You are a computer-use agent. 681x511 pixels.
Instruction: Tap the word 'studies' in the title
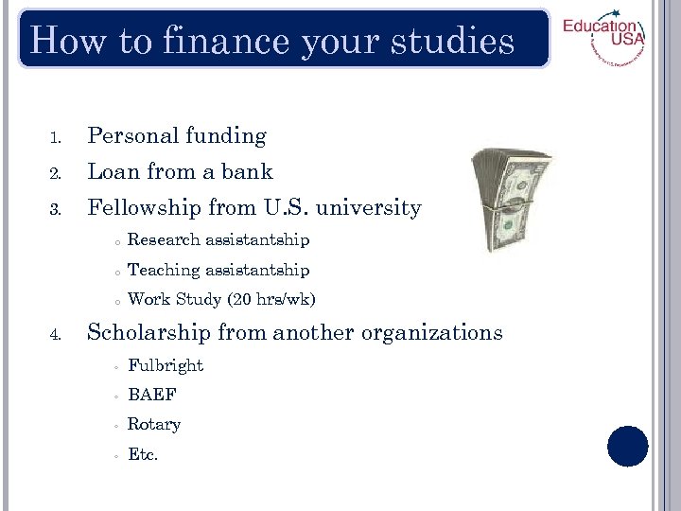pos(458,42)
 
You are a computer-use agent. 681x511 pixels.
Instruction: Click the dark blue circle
pos(627,446)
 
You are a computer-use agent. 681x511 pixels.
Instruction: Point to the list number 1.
pos(56,138)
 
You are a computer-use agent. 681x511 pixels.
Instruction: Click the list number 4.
pos(56,334)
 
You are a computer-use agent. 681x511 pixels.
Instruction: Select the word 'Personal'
pos(131,136)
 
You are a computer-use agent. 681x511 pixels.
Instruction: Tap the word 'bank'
pos(247,172)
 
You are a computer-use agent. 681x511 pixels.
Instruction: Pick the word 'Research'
pos(165,240)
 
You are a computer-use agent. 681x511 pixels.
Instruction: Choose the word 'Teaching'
pos(165,271)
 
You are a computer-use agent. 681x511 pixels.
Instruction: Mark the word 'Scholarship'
pos(149,333)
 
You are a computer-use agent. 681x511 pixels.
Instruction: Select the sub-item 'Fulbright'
pos(166,365)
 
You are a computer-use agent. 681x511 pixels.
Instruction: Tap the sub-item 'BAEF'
pos(151,395)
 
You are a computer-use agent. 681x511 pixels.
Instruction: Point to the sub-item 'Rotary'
pos(154,424)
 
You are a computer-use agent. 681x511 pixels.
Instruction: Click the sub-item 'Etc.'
pos(143,454)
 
